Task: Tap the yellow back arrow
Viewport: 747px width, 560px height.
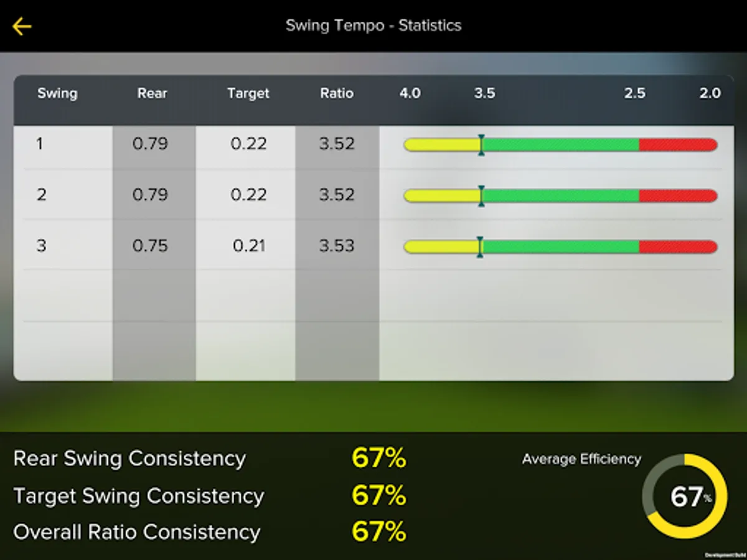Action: (x=22, y=26)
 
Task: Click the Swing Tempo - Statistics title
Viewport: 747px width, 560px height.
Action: (x=374, y=26)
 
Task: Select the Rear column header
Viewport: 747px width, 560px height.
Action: (x=153, y=93)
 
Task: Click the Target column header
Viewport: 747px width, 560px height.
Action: (x=248, y=93)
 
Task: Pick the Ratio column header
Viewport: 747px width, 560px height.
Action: (x=337, y=93)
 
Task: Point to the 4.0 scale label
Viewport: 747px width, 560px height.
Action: (x=410, y=93)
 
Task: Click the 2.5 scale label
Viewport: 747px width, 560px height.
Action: (x=635, y=93)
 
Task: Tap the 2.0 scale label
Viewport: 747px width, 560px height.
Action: (x=710, y=93)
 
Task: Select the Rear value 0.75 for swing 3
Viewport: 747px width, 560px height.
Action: (x=151, y=246)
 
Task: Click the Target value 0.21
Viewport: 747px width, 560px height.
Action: (x=248, y=246)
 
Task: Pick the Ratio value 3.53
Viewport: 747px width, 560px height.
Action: (x=337, y=246)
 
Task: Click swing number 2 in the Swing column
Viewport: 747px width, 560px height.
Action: (x=41, y=195)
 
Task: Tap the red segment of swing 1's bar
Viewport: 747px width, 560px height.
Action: (x=677, y=145)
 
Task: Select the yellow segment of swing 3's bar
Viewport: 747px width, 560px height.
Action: (x=441, y=247)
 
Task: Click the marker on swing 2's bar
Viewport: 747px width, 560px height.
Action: (x=481, y=196)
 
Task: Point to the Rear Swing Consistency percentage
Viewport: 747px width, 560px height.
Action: (x=378, y=459)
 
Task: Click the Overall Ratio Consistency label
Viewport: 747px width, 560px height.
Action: (x=137, y=533)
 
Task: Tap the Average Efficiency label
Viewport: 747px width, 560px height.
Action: (x=581, y=459)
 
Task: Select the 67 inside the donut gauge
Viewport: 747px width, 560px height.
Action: (x=686, y=497)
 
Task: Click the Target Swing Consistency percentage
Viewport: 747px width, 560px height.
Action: (x=378, y=496)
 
